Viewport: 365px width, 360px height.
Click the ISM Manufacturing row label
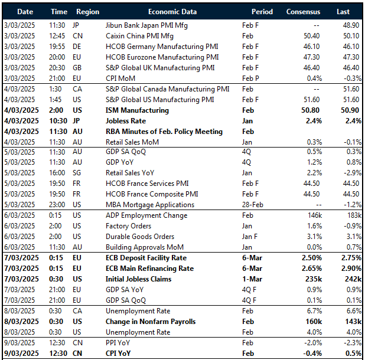coord(136,110)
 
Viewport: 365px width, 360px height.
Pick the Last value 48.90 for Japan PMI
coord(348,25)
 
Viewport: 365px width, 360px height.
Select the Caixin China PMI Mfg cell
coord(139,35)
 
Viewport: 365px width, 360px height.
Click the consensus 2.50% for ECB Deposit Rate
coord(312,257)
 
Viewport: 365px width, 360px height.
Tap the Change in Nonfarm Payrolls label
coord(150,322)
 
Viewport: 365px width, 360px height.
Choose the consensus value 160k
coord(314,322)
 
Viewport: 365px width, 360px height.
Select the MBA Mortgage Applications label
coord(149,205)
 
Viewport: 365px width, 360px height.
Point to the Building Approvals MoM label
coord(145,247)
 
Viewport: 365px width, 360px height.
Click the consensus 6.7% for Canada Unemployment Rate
coord(315,311)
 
